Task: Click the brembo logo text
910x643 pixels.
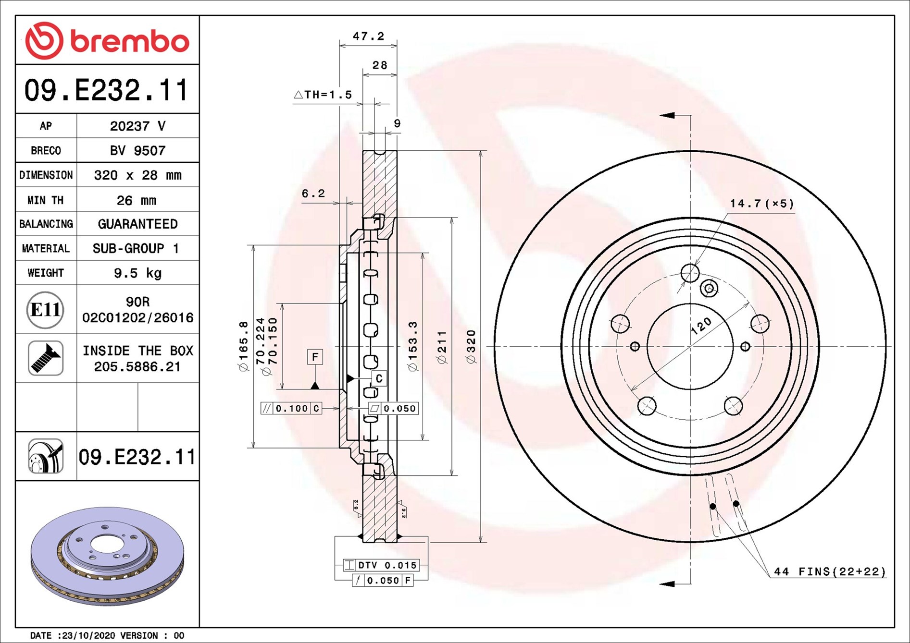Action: pos(130,41)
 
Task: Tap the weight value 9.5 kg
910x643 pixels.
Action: pos(137,273)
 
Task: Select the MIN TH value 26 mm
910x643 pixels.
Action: pos(137,200)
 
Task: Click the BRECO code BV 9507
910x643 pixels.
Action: pos(137,151)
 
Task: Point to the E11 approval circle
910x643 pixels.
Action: pos(45,310)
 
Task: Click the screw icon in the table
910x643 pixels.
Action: pos(46,358)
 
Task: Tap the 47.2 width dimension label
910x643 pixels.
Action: pos(368,36)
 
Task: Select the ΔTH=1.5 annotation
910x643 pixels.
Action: pos(323,95)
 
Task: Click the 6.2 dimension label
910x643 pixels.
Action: pos(313,194)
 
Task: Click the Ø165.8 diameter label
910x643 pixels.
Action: pos(244,346)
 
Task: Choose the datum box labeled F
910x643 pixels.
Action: pos(315,357)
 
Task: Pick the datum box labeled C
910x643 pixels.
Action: pos(379,378)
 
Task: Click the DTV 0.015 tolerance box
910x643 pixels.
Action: pos(381,565)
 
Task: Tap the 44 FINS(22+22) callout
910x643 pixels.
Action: pos(829,571)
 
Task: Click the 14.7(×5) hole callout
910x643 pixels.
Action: pos(761,204)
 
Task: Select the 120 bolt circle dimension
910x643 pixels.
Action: pos(701,326)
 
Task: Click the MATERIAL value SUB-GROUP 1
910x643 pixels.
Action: pos(137,249)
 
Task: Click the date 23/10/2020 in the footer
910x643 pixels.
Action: pos(88,635)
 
